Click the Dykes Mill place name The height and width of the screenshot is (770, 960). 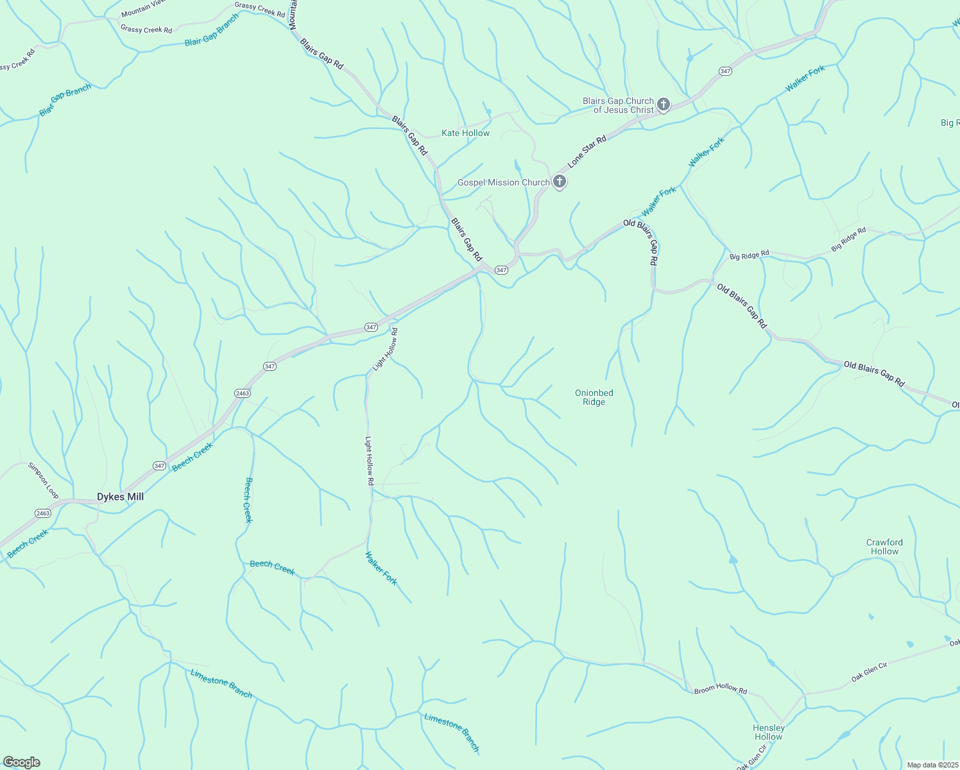point(120,497)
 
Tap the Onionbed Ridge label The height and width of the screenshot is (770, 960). point(594,398)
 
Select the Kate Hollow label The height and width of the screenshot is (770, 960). point(465,133)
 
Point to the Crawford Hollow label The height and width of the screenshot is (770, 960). point(884,547)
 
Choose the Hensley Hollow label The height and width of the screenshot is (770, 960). point(768,732)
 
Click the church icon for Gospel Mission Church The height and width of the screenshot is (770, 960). point(560,182)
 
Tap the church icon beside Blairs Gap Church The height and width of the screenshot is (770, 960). point(664,105)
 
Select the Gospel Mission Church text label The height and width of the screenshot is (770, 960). point(504,183)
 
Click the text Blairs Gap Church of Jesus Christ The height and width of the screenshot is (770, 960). point(618,105)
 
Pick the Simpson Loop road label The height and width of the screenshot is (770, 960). point(43,481)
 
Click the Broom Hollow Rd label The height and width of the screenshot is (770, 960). point(721,688)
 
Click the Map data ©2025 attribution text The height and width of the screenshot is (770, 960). point(932,765)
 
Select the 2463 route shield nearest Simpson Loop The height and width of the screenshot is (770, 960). point(42,513)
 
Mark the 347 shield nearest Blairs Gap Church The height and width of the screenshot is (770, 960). point(725,71)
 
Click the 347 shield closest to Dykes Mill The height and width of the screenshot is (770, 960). point(160,466)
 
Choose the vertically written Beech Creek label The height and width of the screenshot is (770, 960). point(248,500)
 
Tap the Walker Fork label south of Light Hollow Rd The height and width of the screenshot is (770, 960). point(381,568)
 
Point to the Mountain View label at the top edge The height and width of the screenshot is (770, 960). point(144,8)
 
